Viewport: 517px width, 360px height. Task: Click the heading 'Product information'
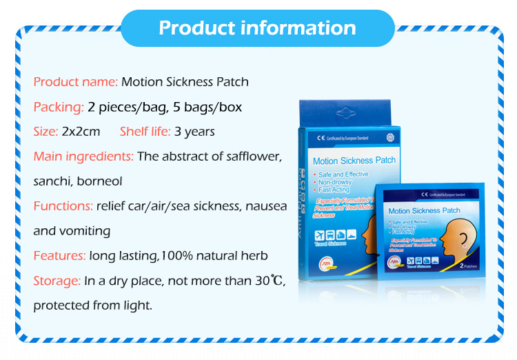click(257, 28)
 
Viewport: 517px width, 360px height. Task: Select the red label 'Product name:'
click(76, 82)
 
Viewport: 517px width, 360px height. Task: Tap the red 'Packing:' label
click(59, 107)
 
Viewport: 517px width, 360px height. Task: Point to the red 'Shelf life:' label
click(148, 131)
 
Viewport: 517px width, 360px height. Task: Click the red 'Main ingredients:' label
click(83, 156)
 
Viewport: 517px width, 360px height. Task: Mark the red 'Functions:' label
click(63, 206)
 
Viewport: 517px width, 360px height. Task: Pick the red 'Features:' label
click(59, 256)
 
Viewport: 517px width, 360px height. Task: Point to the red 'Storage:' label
click(57, 281)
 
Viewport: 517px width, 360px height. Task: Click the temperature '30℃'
click(271, 281)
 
